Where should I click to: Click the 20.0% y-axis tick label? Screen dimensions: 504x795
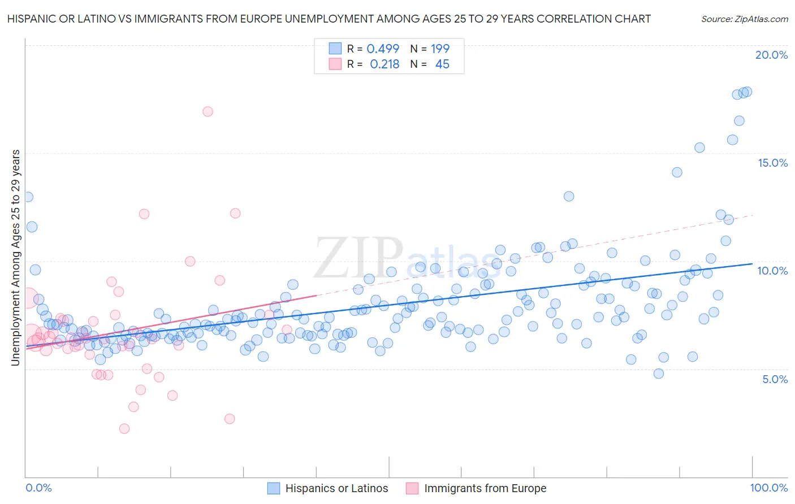771,55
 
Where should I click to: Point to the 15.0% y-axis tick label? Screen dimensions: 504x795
772,163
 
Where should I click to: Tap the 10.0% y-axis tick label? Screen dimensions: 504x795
772,271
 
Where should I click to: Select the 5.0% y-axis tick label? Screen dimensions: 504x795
775,379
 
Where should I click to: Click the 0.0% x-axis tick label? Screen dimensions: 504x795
39,488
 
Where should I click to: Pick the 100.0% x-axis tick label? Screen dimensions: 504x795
768,488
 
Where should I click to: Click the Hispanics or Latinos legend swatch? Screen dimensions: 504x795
274,488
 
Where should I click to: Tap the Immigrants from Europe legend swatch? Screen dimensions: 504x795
413,488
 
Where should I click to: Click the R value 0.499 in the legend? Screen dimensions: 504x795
383,49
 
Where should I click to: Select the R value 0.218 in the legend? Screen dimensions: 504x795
384,64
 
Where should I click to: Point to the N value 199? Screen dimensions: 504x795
440,49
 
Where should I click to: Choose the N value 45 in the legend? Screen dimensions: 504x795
442,64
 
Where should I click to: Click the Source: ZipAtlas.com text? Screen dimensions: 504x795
744,19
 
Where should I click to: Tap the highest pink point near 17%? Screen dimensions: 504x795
208,111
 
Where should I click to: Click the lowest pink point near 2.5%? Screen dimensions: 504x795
124,429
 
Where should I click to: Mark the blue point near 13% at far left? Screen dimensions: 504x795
27,197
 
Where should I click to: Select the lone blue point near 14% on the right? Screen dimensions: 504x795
677,172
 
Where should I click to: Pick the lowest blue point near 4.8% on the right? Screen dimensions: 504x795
658,373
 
